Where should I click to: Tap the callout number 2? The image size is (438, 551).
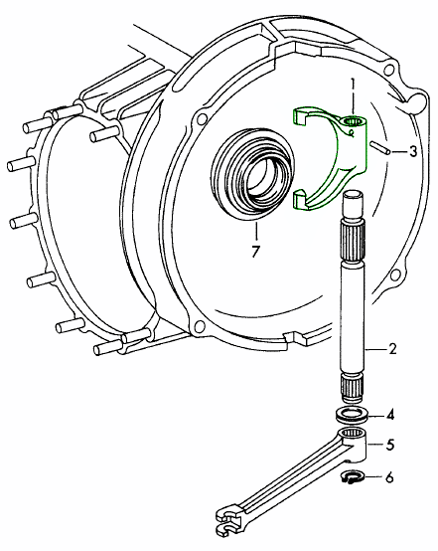[x=392, y=349]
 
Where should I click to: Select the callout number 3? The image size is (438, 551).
[x=413, y=151]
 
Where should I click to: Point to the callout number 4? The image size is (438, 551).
[x=390, y=415]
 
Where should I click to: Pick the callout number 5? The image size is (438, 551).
[x=389, y=445]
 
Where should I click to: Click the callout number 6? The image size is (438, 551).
[x=389, y=477]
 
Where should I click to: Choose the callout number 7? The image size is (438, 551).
[x=255, y=251]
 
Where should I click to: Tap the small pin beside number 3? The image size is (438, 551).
[x=379, y=147]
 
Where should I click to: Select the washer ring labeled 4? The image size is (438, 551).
[x=352, y=414]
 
